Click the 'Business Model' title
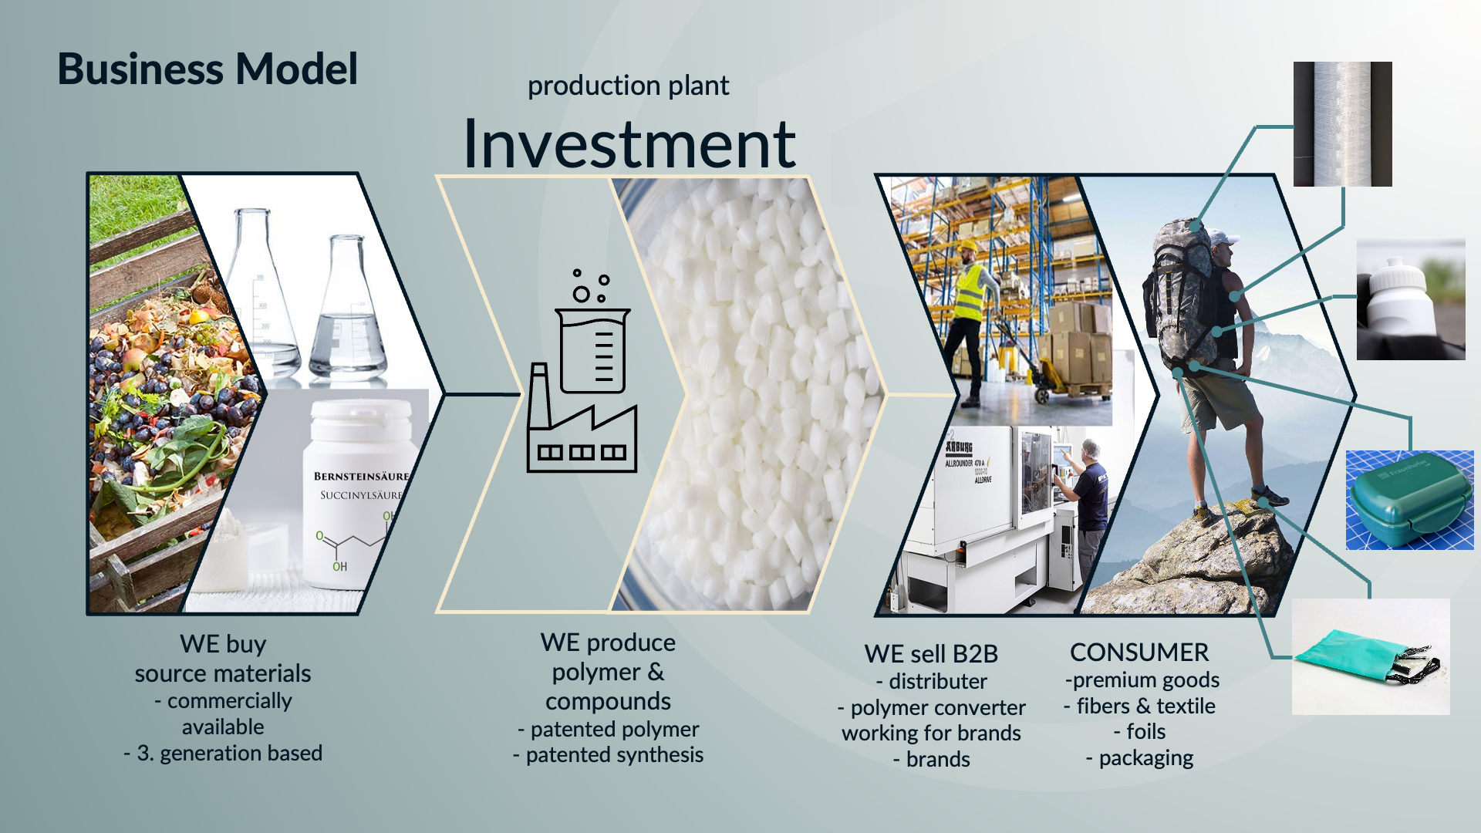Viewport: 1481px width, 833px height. (207, 69)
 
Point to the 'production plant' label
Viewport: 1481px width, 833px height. (628, 86)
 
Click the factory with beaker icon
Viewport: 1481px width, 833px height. (582, 371)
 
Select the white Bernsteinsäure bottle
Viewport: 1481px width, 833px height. (359, 494)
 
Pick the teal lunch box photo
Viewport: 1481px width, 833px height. (1410, 500)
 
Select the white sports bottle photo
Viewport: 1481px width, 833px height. (1411, 299)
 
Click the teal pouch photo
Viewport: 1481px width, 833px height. (1371, 656)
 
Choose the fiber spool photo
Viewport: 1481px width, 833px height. (1343, 124)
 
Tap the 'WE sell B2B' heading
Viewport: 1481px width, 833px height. (931, 654)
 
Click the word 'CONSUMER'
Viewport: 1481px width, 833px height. (1139, 653)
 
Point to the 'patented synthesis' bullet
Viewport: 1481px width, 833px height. (608, 755)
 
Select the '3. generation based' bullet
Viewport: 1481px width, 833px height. (223, 754)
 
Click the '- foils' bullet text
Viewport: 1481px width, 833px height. (1139, 731)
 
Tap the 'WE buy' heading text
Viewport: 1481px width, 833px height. (223, 644)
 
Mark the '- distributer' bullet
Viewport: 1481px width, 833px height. (931, 682)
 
